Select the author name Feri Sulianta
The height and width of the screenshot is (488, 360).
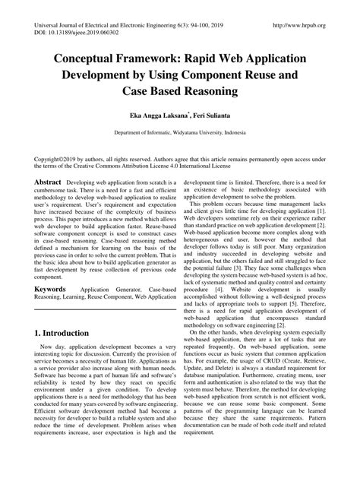tap(213, 119)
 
